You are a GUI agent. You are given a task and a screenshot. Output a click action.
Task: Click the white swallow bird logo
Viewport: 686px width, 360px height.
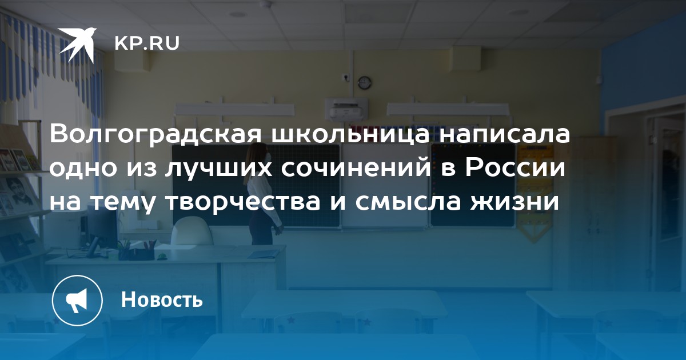click(77, 45)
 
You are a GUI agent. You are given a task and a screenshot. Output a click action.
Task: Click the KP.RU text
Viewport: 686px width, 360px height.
click(147, 43)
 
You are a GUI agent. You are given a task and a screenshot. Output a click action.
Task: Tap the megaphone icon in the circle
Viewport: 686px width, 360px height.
click(77, 301)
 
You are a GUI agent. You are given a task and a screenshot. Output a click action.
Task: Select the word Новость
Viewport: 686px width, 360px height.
click(162, 299)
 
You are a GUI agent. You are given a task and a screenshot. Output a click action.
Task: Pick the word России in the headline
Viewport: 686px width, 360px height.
click(516, 168)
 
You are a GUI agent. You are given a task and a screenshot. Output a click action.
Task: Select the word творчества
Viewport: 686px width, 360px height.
click(242, 202)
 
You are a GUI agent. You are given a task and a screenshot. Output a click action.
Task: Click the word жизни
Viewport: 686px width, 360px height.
click(515, 202)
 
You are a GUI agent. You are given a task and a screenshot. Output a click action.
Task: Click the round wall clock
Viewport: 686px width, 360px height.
click(365, 83)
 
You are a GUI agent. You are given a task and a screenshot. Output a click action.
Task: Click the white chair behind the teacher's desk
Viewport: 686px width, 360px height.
click(192, 231)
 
